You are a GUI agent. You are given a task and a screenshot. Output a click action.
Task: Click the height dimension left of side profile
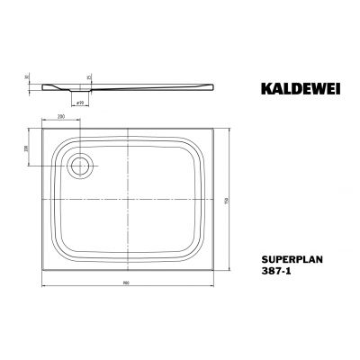[27, 80]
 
